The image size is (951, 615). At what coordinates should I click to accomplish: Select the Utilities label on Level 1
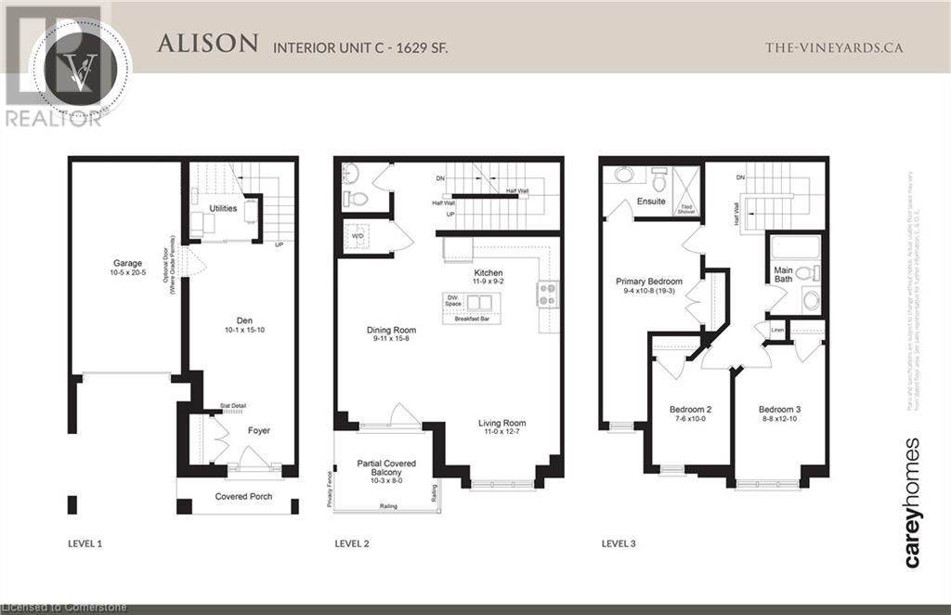223,209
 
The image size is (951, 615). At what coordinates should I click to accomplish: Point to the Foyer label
258,430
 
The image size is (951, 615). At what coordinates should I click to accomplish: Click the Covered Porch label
243,496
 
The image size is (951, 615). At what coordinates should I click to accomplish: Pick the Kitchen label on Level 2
489,272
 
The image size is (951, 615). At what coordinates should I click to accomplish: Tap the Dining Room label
391,330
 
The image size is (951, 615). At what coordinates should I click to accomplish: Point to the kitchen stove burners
546,294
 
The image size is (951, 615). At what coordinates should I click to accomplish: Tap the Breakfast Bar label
474,320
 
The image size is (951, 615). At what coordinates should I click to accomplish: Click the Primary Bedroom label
650,281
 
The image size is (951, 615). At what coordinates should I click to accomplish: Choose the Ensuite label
651,202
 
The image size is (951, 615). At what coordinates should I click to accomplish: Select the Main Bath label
783,276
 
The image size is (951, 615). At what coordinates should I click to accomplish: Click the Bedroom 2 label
690,409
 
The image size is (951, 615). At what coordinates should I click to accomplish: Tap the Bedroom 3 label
779,409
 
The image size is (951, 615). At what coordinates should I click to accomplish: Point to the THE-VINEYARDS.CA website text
832,47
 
